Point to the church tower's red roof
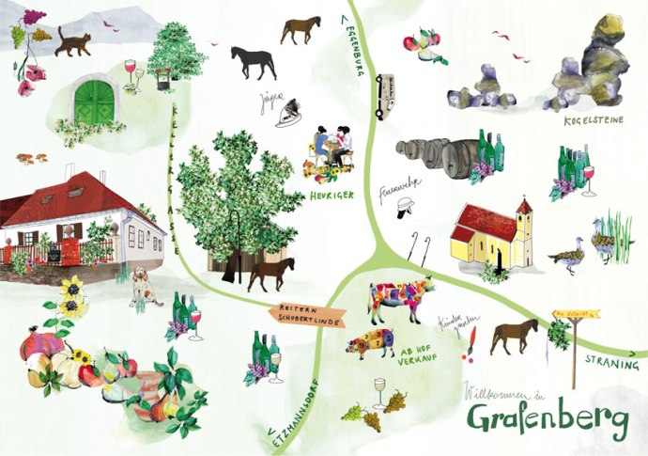click(523, 206)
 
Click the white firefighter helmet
click(406, 206)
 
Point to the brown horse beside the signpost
click(514, 335)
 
